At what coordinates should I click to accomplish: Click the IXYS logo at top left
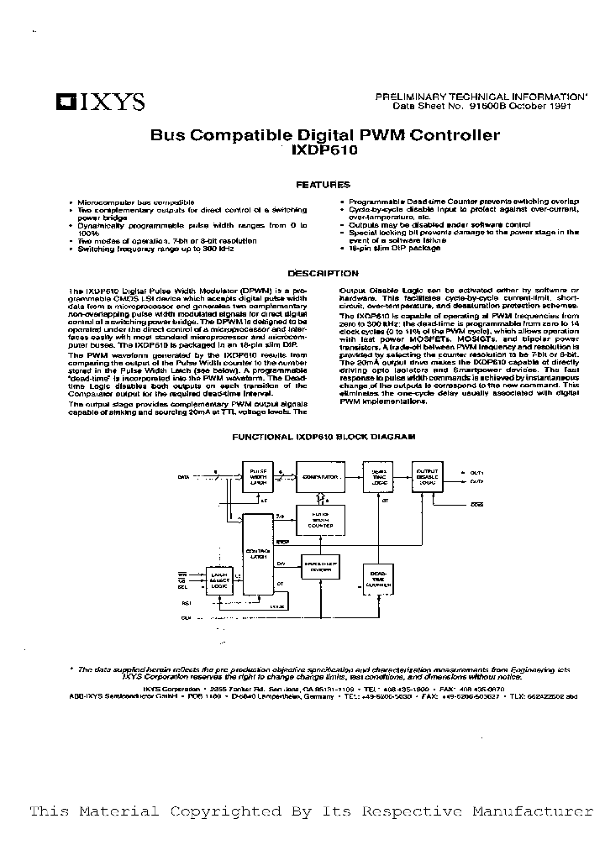coord(100,102)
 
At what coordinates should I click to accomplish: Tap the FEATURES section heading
coord(324,185)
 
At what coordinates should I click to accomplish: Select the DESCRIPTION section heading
coord(324,273)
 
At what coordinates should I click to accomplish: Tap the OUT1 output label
coord(476,472)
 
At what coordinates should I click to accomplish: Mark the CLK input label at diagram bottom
coord(187,617)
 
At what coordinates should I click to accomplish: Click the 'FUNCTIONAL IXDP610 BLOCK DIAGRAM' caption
coord(324,438)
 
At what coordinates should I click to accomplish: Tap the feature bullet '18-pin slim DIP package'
coord(395,248)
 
